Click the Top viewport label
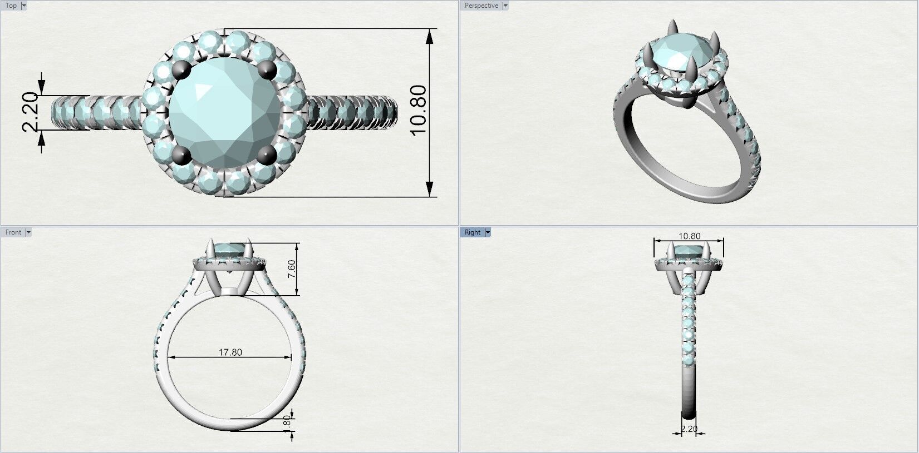pos(11,6)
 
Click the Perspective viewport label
pos(481,6)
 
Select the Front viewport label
pos(13,232)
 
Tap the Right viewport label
pos(472,232)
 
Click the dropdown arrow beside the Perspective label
pos(505,6)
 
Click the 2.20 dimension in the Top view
pos(30,112)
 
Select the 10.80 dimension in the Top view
pos(418,109)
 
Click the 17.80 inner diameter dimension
pos(230,352)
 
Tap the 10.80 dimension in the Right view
pos(689,236)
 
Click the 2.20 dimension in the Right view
pos(689,429)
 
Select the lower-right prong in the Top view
pos(268,155)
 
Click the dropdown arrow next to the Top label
pos(24,6)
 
